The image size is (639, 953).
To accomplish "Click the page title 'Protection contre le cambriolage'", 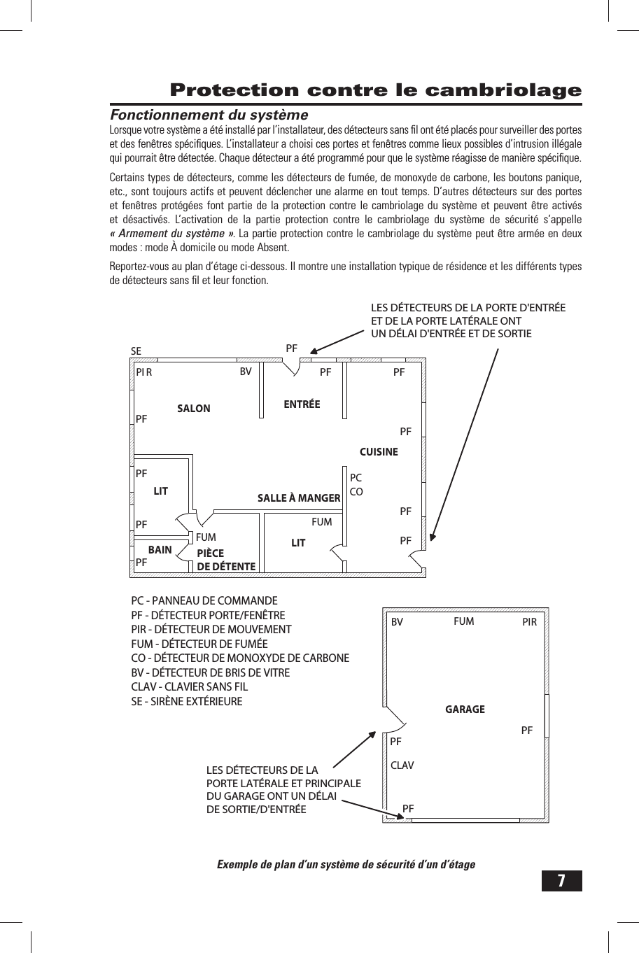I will pos(376,90).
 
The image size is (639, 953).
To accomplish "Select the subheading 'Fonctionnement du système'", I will pos(209,115).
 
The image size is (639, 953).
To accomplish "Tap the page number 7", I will pos(561,880).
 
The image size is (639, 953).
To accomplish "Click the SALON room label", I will pos(193,409).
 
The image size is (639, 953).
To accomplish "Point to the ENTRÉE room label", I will pos(302,404).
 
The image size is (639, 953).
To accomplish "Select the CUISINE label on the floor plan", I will pos(378,452).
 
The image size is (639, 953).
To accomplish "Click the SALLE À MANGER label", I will pos(299,498).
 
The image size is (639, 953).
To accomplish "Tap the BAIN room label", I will pos(160,550).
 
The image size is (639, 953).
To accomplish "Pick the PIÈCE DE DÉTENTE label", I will pos(225,560).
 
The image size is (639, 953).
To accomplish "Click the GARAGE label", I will pos(465,710).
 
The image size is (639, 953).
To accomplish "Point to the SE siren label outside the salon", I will pos(136,351).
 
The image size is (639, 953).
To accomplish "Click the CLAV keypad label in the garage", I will pos(402,765).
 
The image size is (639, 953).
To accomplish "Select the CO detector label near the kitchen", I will pos(356,492).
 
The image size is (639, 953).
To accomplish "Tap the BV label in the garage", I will pos(397,622).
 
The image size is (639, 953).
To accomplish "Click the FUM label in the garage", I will pos(463,621).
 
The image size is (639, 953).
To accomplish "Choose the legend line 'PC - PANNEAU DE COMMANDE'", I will pos(204,601).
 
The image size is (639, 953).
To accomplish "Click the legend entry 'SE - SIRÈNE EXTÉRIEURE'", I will pos(187,701).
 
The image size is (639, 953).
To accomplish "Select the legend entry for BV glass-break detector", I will pos(210,672).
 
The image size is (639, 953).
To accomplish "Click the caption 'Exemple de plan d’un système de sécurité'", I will pos(346,864).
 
